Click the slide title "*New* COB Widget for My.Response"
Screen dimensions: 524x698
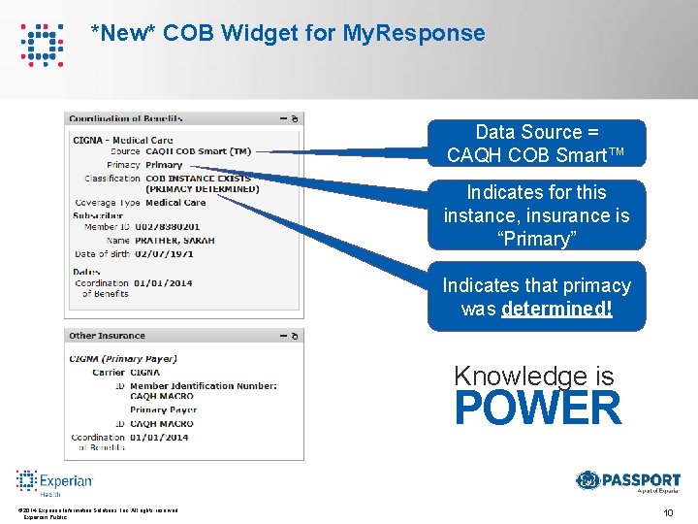pos(287,33)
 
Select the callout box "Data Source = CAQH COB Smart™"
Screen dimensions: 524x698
pos(535,143)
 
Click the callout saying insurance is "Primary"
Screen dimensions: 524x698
pos(535,215)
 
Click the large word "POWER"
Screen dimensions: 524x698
pos(537,409)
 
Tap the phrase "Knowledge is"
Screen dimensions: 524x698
pos(533,376)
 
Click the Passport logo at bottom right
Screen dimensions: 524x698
pos(627,481)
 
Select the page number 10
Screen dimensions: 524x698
pos(668,512)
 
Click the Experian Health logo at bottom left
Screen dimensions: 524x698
pos(54,482)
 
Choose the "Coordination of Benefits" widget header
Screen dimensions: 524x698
pos(126,118)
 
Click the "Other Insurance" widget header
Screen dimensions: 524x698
pos(107,336)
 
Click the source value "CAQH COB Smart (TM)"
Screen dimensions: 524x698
pos(198,151)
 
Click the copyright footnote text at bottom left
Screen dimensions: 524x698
pos(97,511)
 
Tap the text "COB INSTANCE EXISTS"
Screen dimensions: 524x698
pos(198,179)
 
